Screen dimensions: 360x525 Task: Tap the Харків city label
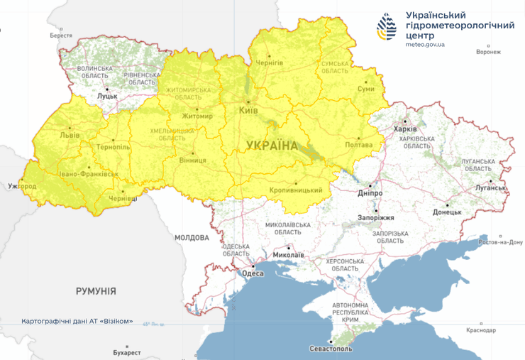(x=407, y=129)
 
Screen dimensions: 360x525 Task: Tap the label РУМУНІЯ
(x=96, y=291)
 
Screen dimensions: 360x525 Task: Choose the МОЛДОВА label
(x=192, y=237)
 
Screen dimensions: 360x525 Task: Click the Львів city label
(x=70, y=134)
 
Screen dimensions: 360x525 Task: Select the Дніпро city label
(x=370, y=192)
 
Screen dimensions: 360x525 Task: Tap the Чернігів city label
(x=269, y=63)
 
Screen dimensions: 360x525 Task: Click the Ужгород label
(x=21, y=186)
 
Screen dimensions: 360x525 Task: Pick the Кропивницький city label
(x=296, y=190)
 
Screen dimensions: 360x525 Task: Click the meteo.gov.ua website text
(x=425, y=44)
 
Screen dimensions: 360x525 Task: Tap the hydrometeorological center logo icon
(x=387, y=26)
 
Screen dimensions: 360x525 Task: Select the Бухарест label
(x=127, y=352)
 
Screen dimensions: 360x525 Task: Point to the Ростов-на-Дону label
(x=501, y=242)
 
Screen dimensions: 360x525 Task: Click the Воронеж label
(x=488, y=52)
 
